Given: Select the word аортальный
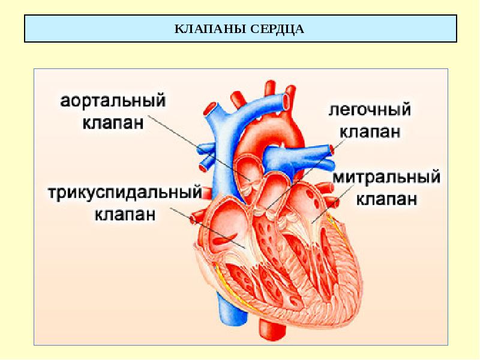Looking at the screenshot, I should pos(113,101).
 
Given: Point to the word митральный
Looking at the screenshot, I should pos(386,178).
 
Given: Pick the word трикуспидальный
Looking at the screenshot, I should pos(124,193).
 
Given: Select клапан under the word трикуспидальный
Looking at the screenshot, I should pos(125,214).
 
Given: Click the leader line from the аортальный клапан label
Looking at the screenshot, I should pos(198,147).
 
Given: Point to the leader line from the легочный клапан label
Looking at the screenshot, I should pos(306,174).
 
